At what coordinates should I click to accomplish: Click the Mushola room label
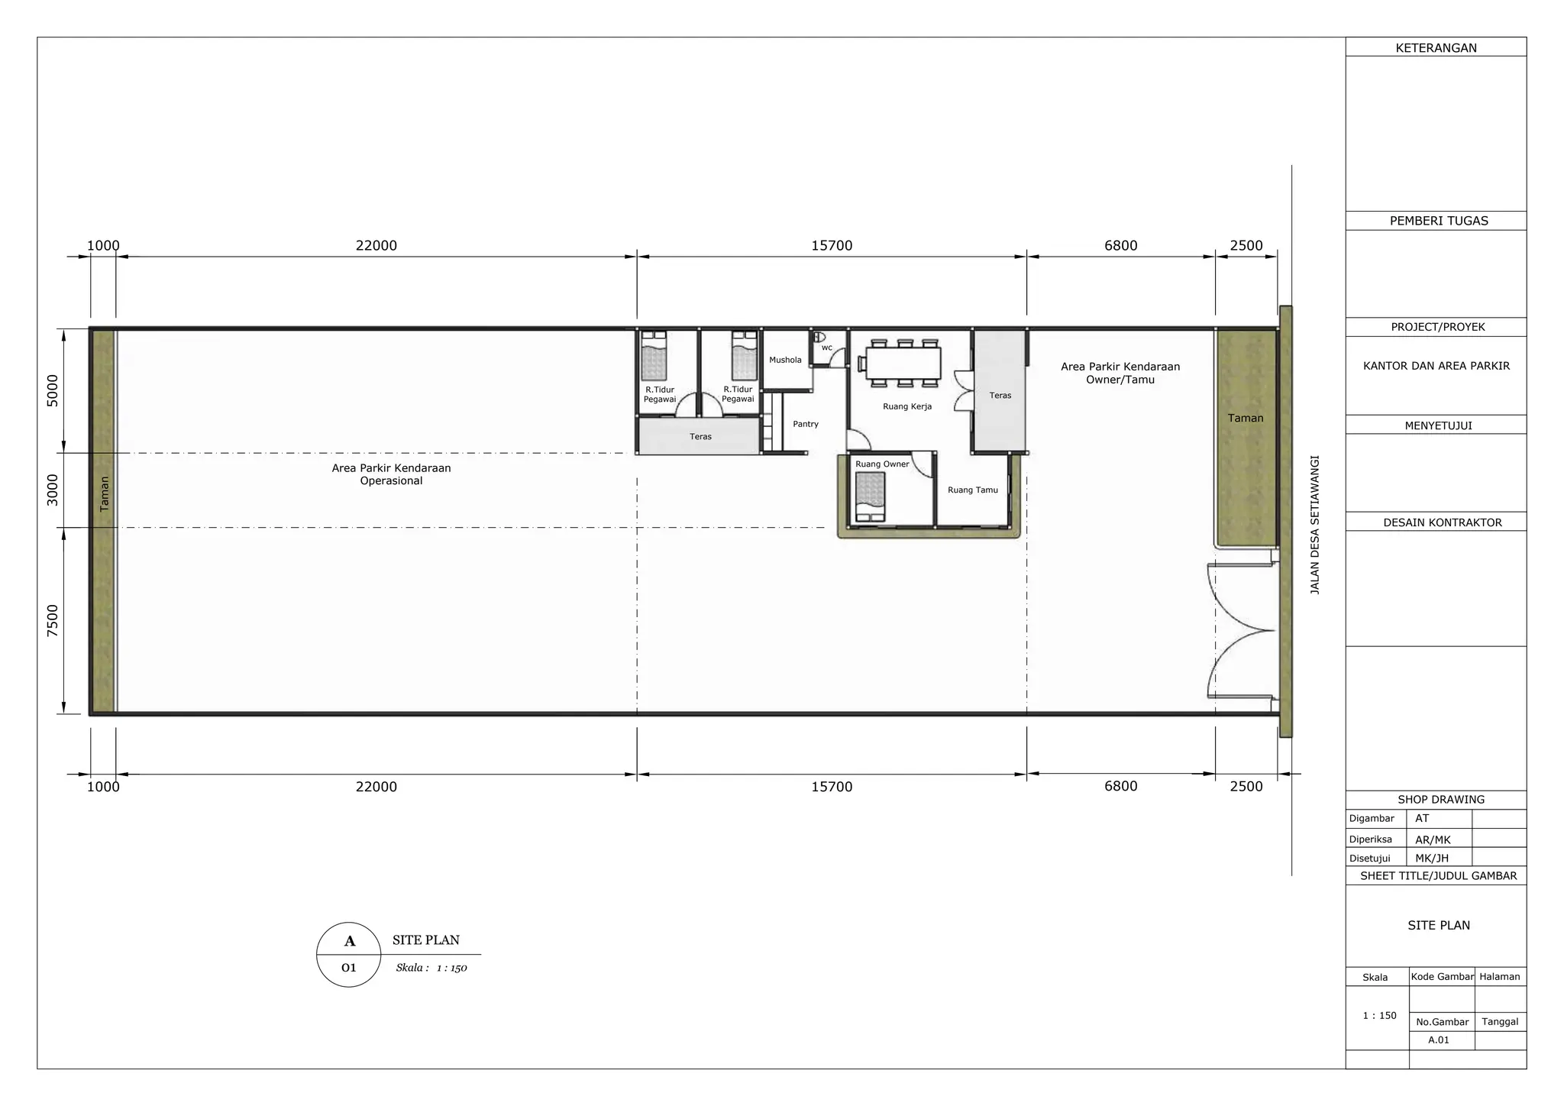[x=785, y=360]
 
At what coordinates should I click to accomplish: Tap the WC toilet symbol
[x=819, y=336]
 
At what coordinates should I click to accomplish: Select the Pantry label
[x=806, y=424]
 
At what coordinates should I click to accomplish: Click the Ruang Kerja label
[x=907, y=406]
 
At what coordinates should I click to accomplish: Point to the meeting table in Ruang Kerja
[x=903, y=363]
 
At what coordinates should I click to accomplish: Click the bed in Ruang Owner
[x=870, y=496]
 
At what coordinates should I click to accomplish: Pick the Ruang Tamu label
[x=973, y=490]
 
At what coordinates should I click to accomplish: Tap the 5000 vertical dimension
[x=53, y=390]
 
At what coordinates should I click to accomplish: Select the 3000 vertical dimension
[x=53, y=490]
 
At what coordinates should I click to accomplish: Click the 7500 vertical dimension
[x=53, y=620]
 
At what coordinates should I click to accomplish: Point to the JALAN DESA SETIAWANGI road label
[x=1315, y=526]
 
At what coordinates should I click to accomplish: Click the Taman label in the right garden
[x=1246, y=418]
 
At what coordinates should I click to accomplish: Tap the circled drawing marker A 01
[x=349, y=954]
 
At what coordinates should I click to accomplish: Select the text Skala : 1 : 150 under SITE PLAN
[x=431, y=968]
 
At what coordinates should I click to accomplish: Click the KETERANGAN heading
[x=1436, y=48]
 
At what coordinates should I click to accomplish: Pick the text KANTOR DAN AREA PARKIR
[x=1436, y=366]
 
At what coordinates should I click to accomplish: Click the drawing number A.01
[x=1439, y=1040]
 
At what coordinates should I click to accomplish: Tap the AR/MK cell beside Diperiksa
[x=1433, y=839]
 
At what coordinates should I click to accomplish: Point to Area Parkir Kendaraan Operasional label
[x=391, y=474]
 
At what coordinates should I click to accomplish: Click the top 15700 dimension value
[x=832, y=245]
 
